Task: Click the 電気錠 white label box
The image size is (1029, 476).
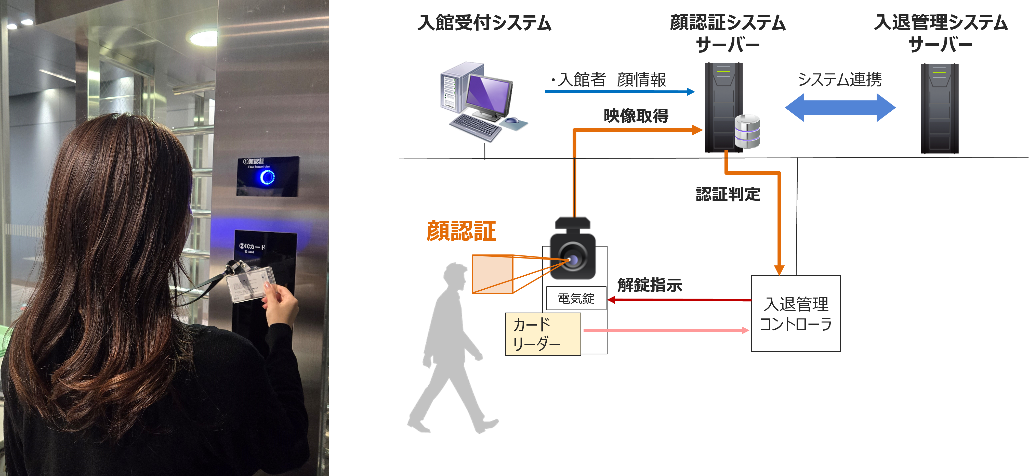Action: point(576,298)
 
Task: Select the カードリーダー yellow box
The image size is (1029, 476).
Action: point(543,334)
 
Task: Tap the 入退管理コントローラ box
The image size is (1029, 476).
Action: point(796,314)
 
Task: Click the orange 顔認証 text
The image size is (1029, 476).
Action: point(461,231)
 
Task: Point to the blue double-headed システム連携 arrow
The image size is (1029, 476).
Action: point(840,108)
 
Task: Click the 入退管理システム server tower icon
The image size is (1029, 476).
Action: point(940,108)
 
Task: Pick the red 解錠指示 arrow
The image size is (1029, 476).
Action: point(679,300)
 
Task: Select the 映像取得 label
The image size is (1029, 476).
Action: point(636,116)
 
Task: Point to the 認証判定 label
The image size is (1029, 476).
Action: point(728,194)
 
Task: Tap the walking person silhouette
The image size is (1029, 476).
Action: point(451,352)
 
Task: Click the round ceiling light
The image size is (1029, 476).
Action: point(203,38)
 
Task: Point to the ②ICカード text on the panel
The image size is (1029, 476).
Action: point(252,247)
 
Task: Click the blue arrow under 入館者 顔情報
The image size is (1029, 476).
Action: point(619,92)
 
